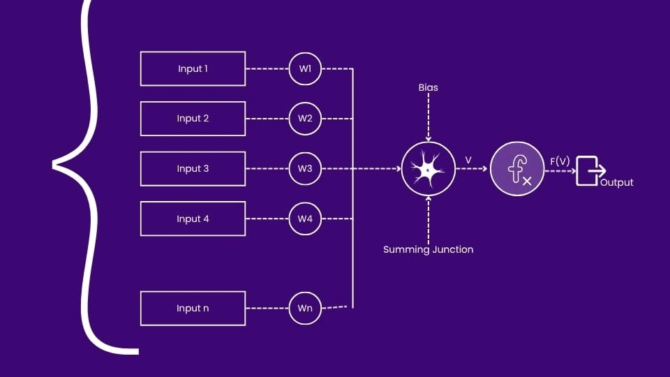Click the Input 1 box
pyautogui.click(x=193, y=68)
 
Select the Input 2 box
pyautogui.click(x=193, y=119)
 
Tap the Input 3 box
pyautogui.click(x=193, y=169)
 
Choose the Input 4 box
pyautogui.click(x=193, y=219)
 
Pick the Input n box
pyautogui.click(x=193, y=308)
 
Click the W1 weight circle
pyautogui.click(x=305, y=68)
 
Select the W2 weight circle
pyautogui.click(x=305, y=119)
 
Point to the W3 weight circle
pyautogui.click(x=305, y=169)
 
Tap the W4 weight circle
pyautogui.click(x=305, y=219)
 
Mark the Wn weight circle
pyautogui.click(x=305, y=308)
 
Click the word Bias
pyautogui.click(x=428, y=88)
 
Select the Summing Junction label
pyautogui.click(x=428, y=249)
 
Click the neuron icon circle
pyautogui.click(x=428, y=169)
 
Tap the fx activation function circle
pyautogui.click(x=516, y=169)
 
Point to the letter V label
pyautogui.click(x=468, y=161)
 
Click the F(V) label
pyautogui.click(x=560, y=161)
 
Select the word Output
pyautogui.click(x=617, y=182)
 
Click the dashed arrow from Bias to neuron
pyautogui.click(x=428, y=119)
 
